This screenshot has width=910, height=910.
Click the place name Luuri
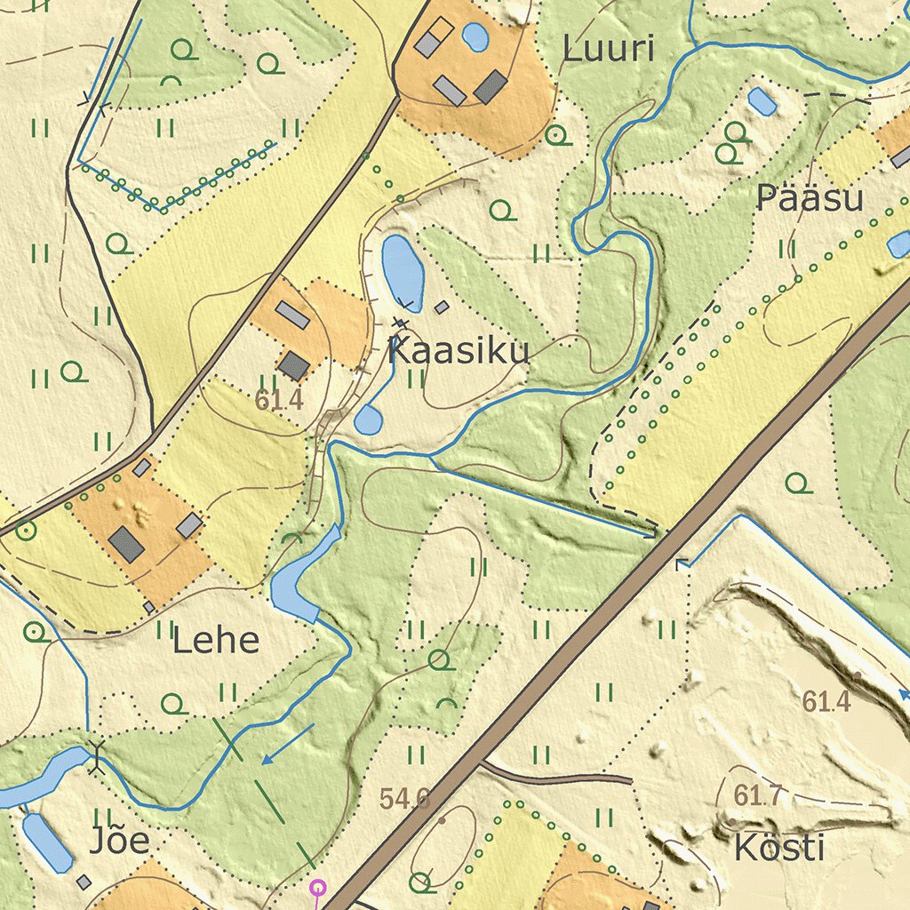pyautogui.click(x=609, y=50)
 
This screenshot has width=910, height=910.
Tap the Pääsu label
pyautogui.click(x=809, y=199)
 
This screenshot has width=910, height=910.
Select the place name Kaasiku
pyautogui.click(x=459, y=350)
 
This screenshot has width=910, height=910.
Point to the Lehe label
pyautogui.click(x=216, y=640)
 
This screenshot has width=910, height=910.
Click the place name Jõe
pyautogui.click(x=119, y=841)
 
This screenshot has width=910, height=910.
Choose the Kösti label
pyautogui.click(x=778, y=848)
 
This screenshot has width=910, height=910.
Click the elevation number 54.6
pyautogui.click(x=404, y=798)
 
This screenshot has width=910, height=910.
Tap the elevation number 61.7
pyautogui.click(x=758, y=795)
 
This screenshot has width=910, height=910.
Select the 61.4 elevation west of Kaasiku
pyautogui.click(x=279, y=400)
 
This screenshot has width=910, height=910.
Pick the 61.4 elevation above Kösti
pyautogui.click(x=826, y=702)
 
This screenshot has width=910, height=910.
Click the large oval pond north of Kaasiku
pyautogui.click(x=403, y=267)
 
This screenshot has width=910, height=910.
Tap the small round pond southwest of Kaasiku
pyautogui.click(x=368, y=419)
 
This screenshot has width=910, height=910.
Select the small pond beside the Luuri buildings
pyautogui.click(x=475, y=36)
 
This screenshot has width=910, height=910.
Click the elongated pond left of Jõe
pyautogui.click(x=47, y=842)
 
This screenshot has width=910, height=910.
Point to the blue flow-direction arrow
pyautogui.click(x=287, y=744)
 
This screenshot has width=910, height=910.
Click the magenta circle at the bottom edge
pyautogui.click(x=316, y=886)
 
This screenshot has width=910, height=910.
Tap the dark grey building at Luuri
pyautogui.click(x=490, y=87)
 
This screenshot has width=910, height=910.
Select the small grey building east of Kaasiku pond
pyautogui.click(x=442, y=307)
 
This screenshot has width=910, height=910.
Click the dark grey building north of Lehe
pyautogui.click(x=127, y=544)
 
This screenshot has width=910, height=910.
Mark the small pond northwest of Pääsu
pyautogui.click(x=762, y=101)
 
